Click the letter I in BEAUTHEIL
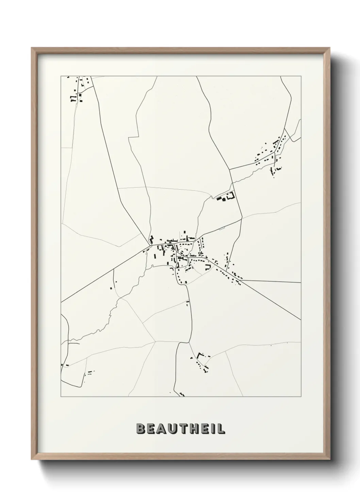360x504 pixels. (213, 429)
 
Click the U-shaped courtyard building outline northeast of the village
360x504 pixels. (231, 196)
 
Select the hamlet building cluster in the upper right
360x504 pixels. (271, 155)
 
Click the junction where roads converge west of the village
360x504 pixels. (150, 245)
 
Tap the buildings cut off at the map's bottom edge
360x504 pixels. (181, 394)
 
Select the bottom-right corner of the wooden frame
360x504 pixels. (329, 460)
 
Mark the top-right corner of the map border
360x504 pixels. (301, 76)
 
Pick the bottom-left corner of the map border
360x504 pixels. (61, 397)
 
